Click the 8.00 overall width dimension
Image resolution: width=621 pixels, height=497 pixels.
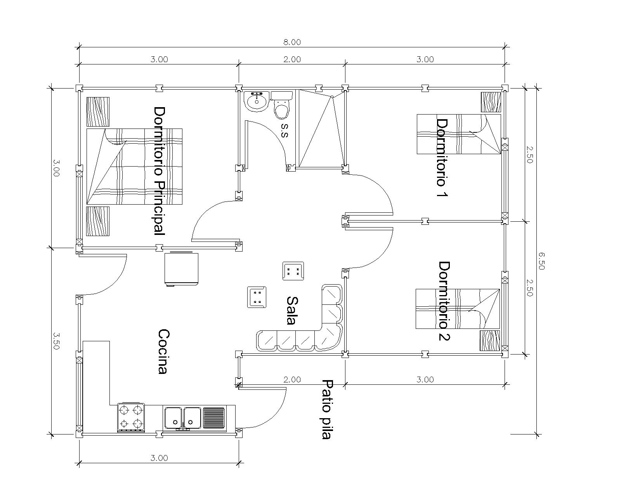(292, 42)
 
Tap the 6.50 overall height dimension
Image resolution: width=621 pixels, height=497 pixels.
(541, 261)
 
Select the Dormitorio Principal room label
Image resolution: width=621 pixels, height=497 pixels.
(160, 171)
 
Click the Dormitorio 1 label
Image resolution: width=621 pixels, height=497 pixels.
(442, 158)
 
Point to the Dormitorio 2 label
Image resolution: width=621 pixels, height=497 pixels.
(444, 301)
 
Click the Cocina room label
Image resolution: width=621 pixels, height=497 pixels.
(163, 351)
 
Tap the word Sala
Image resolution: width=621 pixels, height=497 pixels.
(292, 311)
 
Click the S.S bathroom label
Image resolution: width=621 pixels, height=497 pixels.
(284, 131)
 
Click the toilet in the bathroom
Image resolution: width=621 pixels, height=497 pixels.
(281, 105)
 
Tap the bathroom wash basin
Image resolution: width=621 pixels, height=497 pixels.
(257, 101)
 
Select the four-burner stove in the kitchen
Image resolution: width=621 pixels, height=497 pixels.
(131, 417)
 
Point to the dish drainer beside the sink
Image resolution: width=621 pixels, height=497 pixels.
(214, 417)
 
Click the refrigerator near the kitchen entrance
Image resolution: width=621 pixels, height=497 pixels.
(182, 269)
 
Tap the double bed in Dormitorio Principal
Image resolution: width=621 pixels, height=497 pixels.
(134, 167)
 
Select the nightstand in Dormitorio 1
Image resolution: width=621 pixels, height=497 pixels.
(491, 102)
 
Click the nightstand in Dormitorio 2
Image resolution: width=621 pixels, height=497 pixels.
(490, 341)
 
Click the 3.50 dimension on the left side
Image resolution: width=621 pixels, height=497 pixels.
(56, 341)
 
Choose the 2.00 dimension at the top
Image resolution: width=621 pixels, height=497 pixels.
(292, 59)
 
